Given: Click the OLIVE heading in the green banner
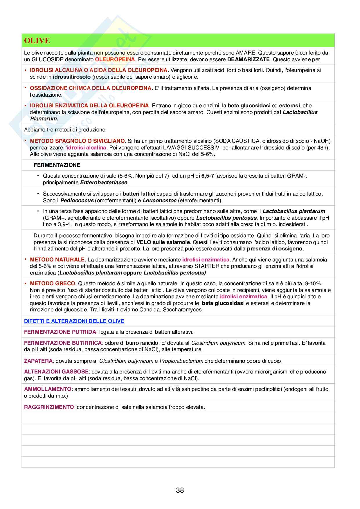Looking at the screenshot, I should click(x=37, y=41).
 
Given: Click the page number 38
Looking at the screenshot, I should click(x=180, y=490).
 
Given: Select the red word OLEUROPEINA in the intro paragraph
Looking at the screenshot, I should click(x=115, y=59).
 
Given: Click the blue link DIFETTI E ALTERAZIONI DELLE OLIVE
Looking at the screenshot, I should click(x=74, y=321).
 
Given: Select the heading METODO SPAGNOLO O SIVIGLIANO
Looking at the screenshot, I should click(x=77, y=141).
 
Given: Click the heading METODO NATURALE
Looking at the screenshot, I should click(x=57, y=259).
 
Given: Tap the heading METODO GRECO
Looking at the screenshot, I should click(x=53, y=283).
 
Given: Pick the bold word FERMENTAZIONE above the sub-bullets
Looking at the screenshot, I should click(x=57, y=165).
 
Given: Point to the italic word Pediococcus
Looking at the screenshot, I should click(x=77, y=201).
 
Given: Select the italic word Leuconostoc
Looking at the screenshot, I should click(x=160, y=201).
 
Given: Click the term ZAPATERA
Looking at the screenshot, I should click(x=38, y=361).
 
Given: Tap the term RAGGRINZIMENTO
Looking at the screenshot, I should click(x=49, y=407).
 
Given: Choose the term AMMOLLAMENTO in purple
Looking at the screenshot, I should click(x=48, y=389).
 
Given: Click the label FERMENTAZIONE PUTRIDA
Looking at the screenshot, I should click(x=60, y=332).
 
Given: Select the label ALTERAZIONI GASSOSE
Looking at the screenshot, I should click(x=56, y=372).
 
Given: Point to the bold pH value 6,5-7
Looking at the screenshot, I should click(x=208, y=176).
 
